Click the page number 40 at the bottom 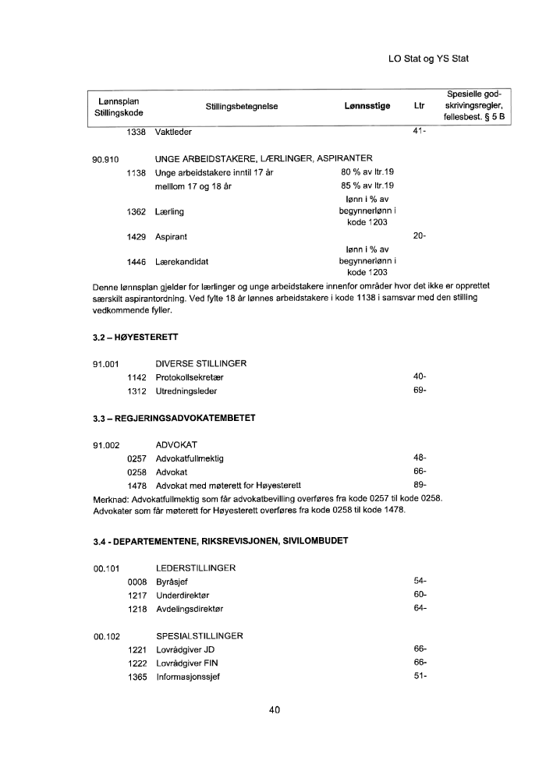click(274, 709)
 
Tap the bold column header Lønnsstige click(367, 106)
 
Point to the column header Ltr click(420, 106)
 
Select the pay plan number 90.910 click(105, 159)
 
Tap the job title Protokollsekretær click(190, 377)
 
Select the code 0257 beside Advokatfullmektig click(136, 458)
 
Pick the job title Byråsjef click(172, 582)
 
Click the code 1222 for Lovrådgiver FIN click(136, 663)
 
